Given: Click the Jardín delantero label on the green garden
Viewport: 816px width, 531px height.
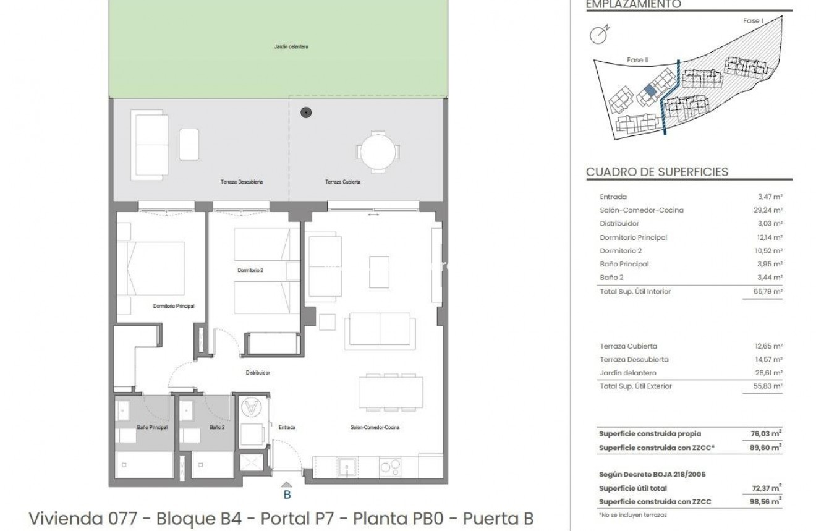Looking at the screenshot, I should coord(291,46).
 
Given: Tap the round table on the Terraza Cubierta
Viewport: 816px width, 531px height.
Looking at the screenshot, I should coord(378,151).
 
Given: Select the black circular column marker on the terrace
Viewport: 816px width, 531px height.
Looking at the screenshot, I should coord(305,113).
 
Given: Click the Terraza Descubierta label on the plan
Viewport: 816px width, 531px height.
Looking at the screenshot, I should coord(242,182).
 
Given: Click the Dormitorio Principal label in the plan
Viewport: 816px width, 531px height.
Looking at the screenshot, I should coord(174,306).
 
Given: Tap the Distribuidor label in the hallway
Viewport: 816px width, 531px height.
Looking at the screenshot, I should coord(257,373).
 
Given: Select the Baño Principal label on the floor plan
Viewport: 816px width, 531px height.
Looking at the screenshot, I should coord(151,427).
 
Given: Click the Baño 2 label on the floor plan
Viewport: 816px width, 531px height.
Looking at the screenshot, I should coord(216,427).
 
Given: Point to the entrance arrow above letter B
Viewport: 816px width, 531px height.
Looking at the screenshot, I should coord(287,485).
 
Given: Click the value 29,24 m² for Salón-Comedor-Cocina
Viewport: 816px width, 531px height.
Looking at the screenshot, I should coord(771,210).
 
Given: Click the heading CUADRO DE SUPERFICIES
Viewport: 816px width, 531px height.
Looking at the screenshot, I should coord(657,172).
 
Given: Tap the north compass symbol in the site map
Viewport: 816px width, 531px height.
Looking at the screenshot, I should coord(598,35).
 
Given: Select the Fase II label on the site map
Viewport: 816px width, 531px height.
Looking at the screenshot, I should coord(637,60).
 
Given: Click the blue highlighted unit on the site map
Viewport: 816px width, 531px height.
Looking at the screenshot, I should coord(649,90).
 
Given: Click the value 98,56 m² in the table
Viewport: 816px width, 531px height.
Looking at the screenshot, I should coord(770,502).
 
